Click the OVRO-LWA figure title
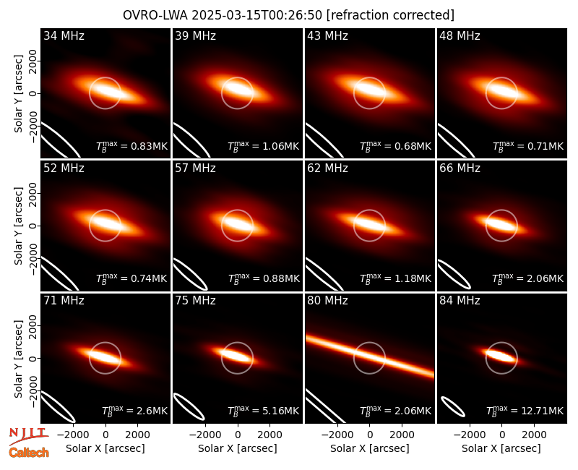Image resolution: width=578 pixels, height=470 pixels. point(288,15)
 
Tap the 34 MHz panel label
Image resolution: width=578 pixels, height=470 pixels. point(64,35)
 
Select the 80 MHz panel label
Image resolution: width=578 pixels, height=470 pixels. point(327,301)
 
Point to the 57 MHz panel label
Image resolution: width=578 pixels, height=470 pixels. point(195,168)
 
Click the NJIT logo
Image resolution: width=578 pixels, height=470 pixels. point(28,436)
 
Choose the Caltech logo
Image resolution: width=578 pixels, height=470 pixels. point(29,453)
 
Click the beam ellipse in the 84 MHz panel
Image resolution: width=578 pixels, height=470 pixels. point(453,407)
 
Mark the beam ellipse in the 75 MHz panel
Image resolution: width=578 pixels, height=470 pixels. point(189,406)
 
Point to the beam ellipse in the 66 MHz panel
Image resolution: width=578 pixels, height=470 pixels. point(454,275)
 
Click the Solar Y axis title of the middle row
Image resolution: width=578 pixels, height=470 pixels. point(18,226)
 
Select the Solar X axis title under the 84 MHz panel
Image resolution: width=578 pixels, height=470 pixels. point(501,448)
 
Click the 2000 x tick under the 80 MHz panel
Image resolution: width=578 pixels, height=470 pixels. point(402,435)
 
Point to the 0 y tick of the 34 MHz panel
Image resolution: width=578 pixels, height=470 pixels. point(33,93)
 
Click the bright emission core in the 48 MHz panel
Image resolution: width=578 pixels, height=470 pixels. point(501,91)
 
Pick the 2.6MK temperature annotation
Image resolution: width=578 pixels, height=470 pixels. point(134,411)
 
